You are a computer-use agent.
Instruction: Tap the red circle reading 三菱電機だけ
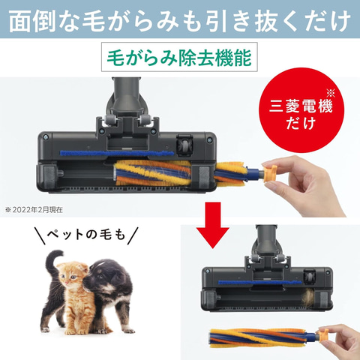pos(301,110)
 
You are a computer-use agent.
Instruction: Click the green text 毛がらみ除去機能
pos(179,58)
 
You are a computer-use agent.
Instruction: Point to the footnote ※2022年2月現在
pos(34,210)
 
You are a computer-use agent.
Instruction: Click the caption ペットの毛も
pos(86,235)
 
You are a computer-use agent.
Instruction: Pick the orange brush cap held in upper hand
pos(270,172)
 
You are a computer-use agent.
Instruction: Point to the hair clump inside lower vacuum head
pos(308,297)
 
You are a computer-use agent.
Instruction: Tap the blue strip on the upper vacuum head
pos(117,153)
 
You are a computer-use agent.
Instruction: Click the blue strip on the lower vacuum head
pos(260,283)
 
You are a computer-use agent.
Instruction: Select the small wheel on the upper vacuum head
pos(184,145)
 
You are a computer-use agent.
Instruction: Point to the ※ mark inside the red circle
pos(330,93)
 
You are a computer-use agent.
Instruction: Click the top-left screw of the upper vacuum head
pos(45,137)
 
